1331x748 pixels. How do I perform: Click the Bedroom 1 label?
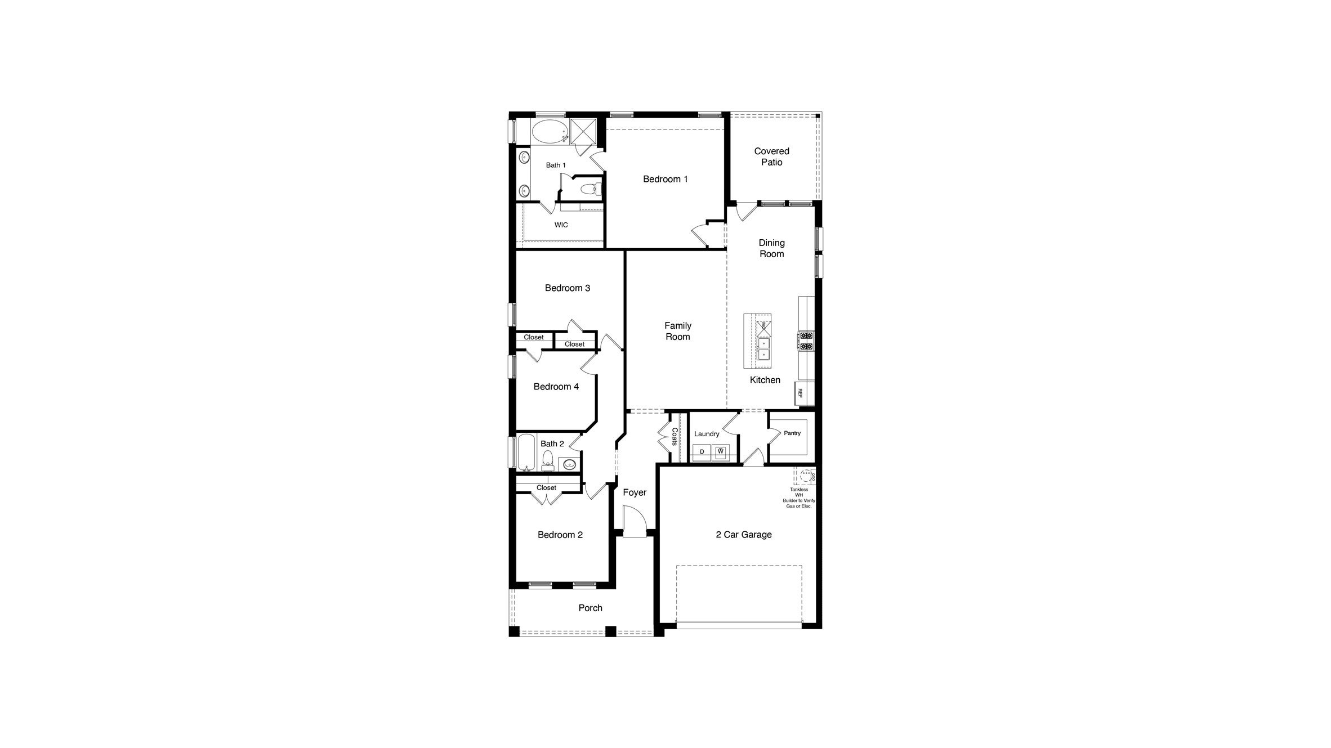point(665,179)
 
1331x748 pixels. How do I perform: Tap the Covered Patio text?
point(771,156)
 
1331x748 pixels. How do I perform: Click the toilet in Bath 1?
point(590,189)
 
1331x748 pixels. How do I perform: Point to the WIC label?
point(561,225)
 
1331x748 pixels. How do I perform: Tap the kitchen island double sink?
point(763,348)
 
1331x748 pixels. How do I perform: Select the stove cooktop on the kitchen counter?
point(806,341)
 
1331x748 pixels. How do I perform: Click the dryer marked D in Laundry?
point(702,451)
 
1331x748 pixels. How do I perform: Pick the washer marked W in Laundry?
point(721,451)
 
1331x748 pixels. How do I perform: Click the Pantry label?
point(792,433)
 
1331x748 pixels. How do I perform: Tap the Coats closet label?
point(674,437)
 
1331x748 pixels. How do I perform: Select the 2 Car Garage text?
point(743,535)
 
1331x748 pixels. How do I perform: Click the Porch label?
point(590,608)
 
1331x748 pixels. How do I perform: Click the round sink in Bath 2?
point(569,464)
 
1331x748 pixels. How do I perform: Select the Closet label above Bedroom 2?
point(546,488)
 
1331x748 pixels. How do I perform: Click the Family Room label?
point(677,331)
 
